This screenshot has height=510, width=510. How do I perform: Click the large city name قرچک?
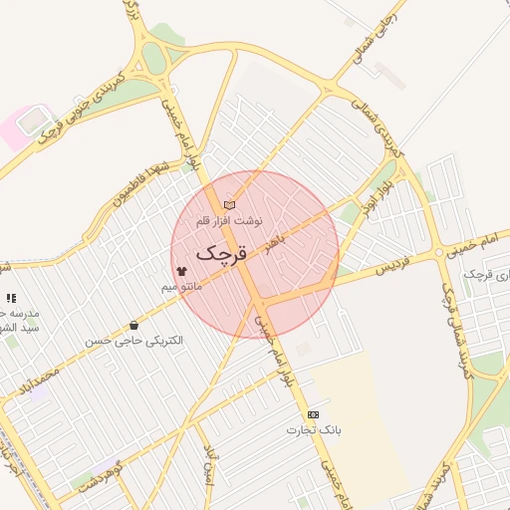[x=222, y=253]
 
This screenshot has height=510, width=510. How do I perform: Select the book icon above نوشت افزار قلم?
[x=230, y=205]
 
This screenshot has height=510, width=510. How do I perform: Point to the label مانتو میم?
[x=182, y=287]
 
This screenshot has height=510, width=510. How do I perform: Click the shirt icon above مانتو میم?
[x=181, y=271]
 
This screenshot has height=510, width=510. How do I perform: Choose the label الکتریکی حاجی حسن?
[x=134, y=341]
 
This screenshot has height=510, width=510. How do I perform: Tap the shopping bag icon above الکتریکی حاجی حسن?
[x=133, y=326]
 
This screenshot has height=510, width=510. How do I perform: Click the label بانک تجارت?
[x=314, y=430]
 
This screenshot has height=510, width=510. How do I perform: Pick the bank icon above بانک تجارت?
[x=313, y=414]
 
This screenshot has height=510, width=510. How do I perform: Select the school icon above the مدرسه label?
[x=11, y=298]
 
